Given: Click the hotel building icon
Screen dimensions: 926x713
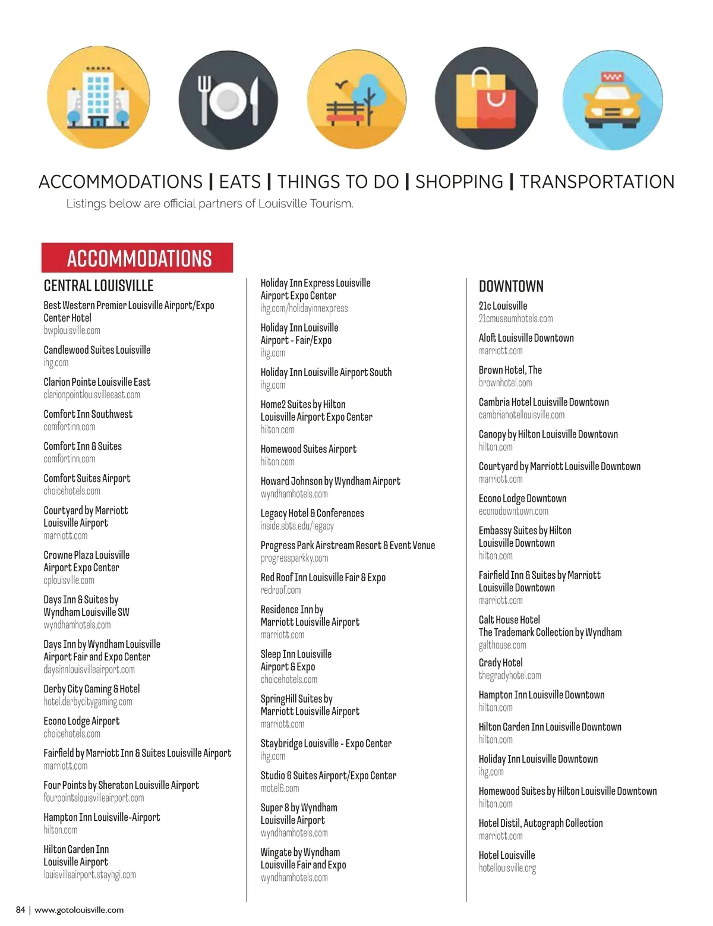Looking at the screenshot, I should (x=97, y=99).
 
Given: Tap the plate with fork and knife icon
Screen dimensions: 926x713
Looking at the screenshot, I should (x=229, y=99).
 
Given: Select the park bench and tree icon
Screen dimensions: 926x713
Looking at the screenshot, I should (x=357, y=99).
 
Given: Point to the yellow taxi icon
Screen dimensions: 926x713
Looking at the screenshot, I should (x=613, y=99).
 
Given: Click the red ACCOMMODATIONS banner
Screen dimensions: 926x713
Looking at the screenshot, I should (x=137, y=258).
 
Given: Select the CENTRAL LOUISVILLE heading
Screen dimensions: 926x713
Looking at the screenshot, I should (x=99, y=286).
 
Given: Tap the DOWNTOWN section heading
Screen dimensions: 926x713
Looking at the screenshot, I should (x=511, y=286).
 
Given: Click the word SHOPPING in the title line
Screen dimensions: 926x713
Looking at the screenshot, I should (x=459, y=182).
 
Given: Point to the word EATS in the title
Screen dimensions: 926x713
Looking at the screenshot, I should (x=240, y=182).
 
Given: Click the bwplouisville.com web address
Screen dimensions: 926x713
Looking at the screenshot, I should (x=72, y=330).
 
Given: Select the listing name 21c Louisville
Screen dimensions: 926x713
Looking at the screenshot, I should (x=503, y=305).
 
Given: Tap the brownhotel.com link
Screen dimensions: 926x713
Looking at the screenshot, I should (x=505, y=383).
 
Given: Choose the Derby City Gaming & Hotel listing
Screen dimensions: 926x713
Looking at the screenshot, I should (x=92, y=689).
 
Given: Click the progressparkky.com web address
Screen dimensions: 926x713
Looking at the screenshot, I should (x=294, y=558).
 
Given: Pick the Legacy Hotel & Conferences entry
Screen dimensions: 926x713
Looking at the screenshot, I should (x=312, y=513).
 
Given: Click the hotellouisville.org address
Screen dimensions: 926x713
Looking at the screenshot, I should (x=507, y=868).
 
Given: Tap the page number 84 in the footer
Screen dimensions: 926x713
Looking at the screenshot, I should (x=20, y=909).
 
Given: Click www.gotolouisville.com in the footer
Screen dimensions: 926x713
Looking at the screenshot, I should (x=79, y=909).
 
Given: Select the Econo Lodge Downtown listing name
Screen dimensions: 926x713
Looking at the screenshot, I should (x=522, y=498).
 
